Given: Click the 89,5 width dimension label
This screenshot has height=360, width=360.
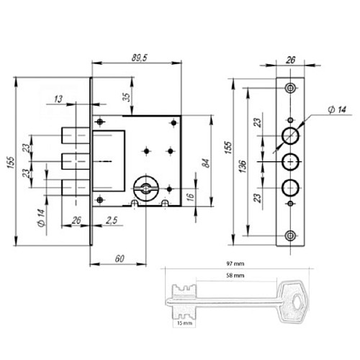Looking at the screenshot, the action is pyautogui.click(x=139, y=58).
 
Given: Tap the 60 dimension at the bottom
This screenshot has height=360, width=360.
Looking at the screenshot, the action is pyautogui.click(x=120, y=258).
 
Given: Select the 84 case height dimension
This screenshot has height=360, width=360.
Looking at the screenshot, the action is pyautogui.click(x=206, y=163).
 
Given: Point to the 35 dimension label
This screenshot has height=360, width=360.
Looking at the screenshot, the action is pyautogui.click(x=127, y=96).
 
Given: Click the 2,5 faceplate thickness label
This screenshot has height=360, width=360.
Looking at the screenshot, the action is pyautogui.click(x=111, y=220).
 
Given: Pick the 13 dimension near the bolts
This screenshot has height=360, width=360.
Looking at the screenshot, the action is pyautogui.click(x=58, y=99).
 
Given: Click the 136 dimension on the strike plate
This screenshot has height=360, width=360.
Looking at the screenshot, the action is pyautogui.click(x=243, y=166).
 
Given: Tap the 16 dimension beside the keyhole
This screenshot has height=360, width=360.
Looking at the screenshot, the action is pyautogui.click(x=190, y=197).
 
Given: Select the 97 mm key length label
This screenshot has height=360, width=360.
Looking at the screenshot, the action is pyautogui.click(x=235, y=264).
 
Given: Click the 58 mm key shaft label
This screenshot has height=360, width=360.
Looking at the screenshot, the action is pyautogui.click(x=235, y=276).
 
